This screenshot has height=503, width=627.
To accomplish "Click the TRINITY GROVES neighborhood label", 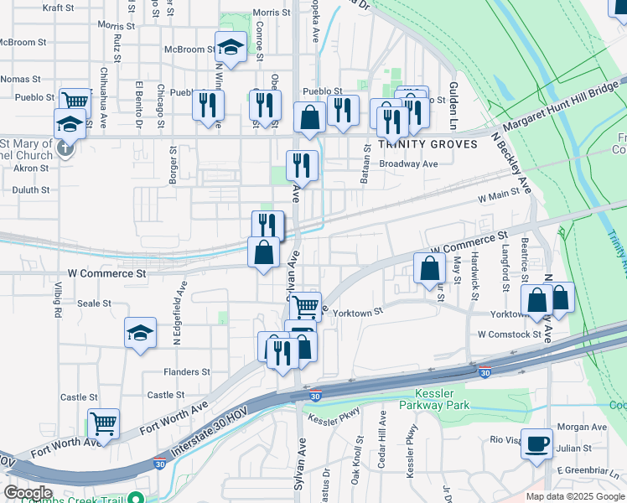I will click(427, 144).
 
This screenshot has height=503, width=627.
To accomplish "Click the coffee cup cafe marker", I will click(537, 443).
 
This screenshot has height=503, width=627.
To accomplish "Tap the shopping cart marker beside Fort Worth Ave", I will click(103, 423).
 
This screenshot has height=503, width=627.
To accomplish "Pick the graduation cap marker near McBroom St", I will click(231, 47).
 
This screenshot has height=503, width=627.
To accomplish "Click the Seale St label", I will click(94, 303).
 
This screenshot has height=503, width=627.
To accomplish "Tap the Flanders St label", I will click(187, 371).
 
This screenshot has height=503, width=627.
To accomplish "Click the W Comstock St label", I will click(510, 334).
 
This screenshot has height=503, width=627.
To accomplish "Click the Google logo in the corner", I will click(28, 493).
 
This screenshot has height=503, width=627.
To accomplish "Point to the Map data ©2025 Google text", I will click(574, 496).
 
